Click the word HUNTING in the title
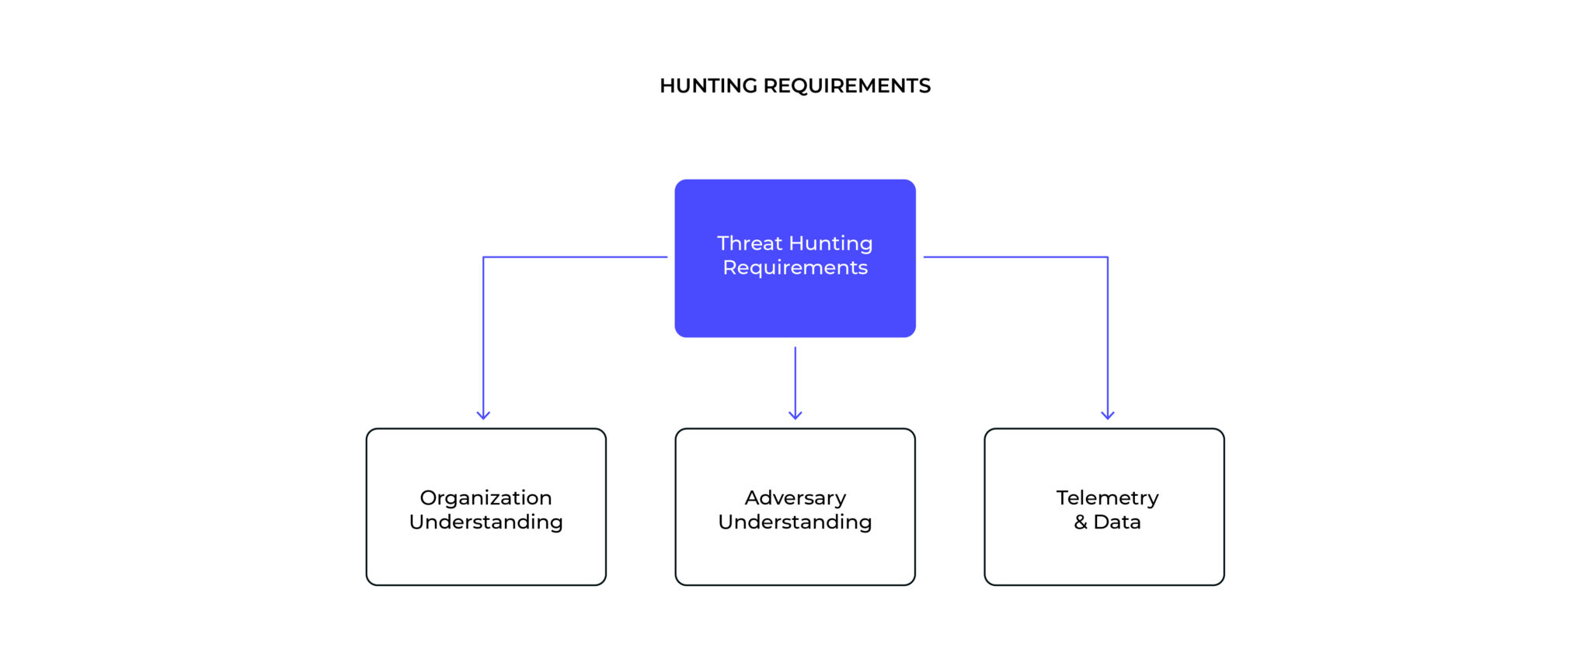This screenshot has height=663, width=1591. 708,85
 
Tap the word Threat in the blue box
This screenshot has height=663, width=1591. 749,243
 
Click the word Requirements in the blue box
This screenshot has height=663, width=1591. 795,267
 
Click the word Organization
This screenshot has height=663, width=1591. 486,497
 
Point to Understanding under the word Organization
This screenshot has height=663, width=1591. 486,522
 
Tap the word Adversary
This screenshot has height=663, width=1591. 795,497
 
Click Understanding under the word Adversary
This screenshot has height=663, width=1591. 795,522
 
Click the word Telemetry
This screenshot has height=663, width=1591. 1107,497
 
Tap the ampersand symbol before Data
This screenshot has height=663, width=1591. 1081,522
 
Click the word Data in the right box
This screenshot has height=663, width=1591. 1117,522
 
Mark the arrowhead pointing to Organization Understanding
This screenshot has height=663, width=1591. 483,415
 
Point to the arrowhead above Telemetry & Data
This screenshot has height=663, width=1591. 1108,415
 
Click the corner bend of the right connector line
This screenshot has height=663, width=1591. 1108,257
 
